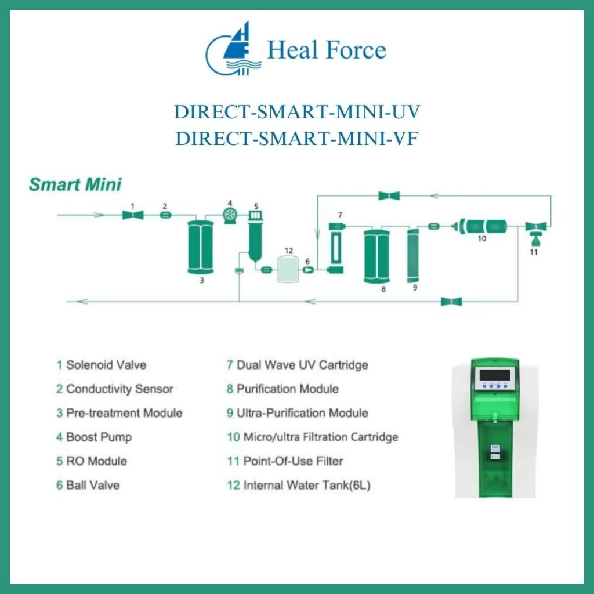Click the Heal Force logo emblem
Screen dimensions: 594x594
(233, 49)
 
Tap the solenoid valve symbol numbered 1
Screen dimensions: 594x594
(133, 215)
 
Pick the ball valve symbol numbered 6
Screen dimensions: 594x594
(309, 270)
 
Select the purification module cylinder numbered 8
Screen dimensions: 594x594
(376, 256)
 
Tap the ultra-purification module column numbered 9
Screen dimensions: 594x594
(412, 255)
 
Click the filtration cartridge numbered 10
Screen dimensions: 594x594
(480, 227)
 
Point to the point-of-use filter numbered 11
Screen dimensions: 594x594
(535, 234)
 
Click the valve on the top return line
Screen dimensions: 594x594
(389, 196)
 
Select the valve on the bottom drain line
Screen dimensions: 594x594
(451, 302)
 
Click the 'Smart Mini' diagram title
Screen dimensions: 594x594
(75, 184)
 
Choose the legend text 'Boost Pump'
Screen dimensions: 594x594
(99, 437)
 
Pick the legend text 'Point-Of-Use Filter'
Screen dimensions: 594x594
(293, 461)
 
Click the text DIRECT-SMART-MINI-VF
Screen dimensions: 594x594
(297, 138)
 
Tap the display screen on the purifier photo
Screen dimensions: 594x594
(494, 375)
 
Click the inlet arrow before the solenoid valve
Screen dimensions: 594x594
(81, 215)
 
